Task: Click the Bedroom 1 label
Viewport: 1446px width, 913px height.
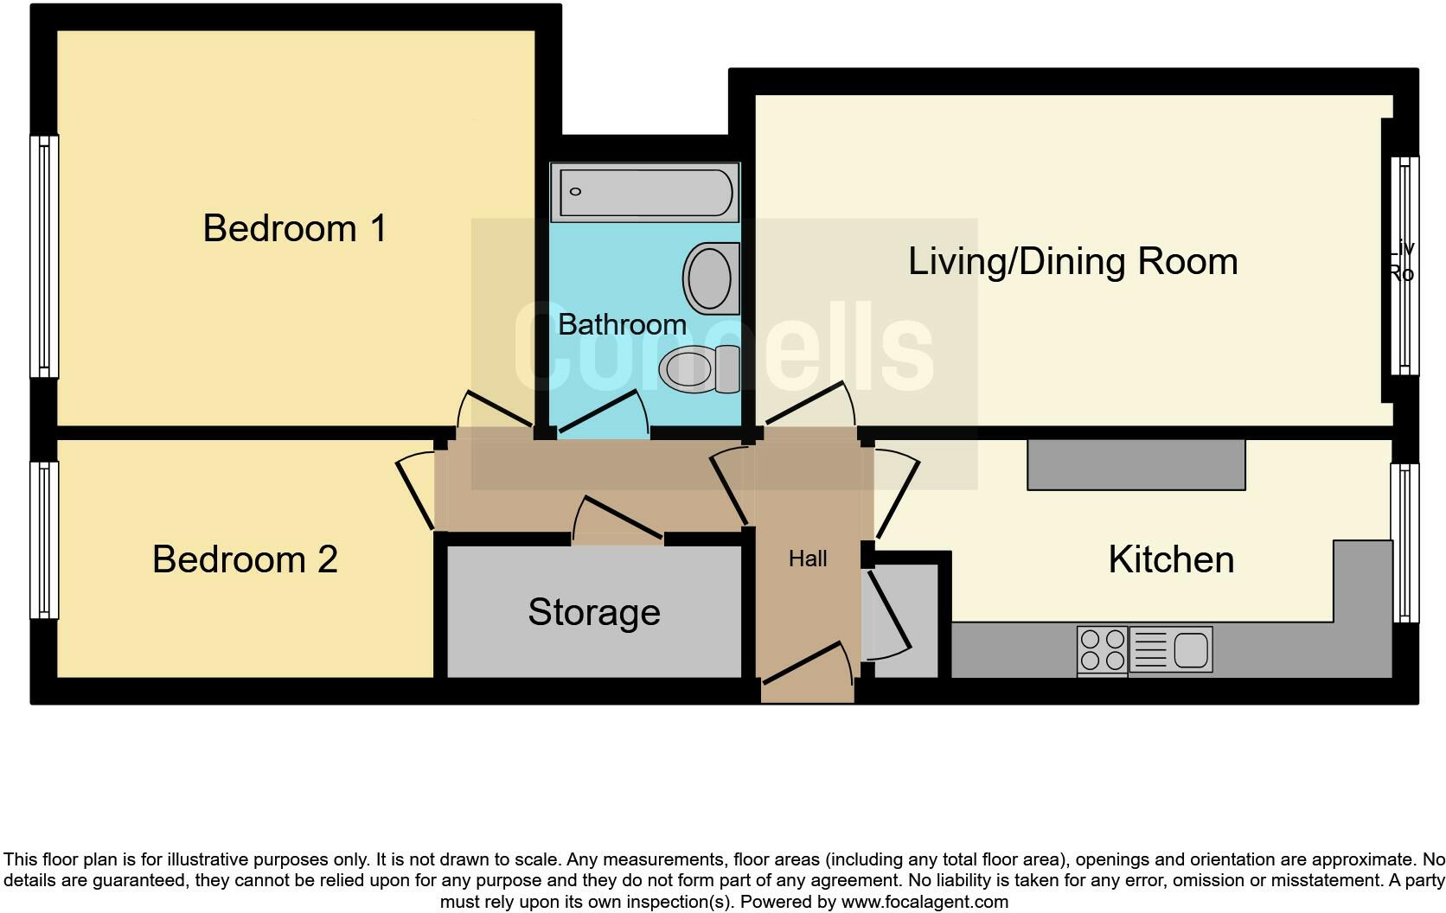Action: (x=294, y=228)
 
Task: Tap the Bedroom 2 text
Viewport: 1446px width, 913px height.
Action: (x=245, y=559)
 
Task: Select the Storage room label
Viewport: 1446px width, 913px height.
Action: (x=594, y=612)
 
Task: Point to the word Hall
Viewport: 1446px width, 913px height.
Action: (x=808, y=559)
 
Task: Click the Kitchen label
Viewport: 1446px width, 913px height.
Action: (x=1171, y=559)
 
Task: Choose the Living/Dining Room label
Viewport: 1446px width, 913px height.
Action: (x=1072, y=261)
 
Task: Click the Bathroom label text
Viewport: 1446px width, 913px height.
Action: (x=622, y=324)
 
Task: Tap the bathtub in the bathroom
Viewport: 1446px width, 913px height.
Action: (x=645, y=192)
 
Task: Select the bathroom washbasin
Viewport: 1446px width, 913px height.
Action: (x=712, y=278)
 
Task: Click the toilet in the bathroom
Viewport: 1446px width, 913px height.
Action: (x=699, y=369)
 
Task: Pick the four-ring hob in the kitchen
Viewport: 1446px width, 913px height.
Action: (x=1102, y=650)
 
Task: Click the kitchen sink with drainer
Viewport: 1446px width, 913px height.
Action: (x=1171, y=650)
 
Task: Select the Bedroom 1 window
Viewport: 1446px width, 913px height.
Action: (x=44, y=257)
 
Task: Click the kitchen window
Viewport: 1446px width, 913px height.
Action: (x=1405, y=542)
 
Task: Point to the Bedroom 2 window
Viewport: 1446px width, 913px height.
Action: (x=44, y=539)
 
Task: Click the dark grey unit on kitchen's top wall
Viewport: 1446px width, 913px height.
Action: (x=1136, y=464)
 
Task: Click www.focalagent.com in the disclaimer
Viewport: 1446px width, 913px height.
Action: (x=925, y=902)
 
